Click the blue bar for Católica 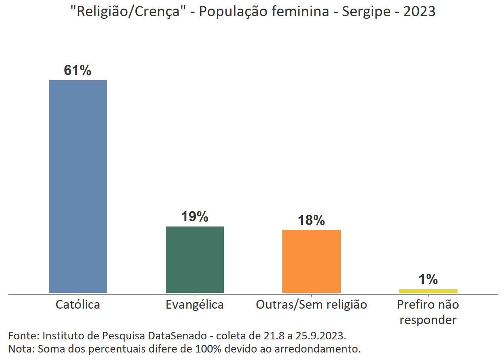pyautogui.click(x=78, y=186)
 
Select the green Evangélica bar pyautogui.click(x=195, y=259)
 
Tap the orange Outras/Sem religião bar pyautogui.click(x=311, y=261)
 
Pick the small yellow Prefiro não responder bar pyautogui.click(x=428, y=291)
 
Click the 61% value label pyautogui.click(x=78, y=70)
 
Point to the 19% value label pyautogui.click(x=195, y=216)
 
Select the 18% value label pyautogui.click(x=311, y=220)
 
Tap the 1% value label pyautogui.click(x=428, y=279)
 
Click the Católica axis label pyautogui.click(x=78, y=304)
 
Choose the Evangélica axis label pyautogui.click(x=195, y=304)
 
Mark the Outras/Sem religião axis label pyautogui.click(x=311, y=304)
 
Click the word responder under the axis pyautogui.click(x=428, y=320)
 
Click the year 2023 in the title pyautogui.click(x=419, y=12)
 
